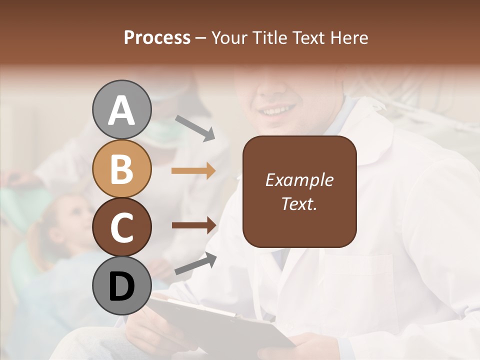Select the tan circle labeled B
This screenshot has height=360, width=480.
(121, 168)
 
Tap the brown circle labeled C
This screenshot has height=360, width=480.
(121, 227)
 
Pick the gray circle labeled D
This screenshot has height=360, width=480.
(121, 286)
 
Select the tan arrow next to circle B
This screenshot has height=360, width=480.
(193, 170)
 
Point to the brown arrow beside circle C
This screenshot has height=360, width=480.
(193, 225)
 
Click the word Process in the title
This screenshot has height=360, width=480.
(157, 37)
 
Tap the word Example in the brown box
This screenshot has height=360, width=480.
(299, 180)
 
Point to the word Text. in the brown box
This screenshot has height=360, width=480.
(299, 203)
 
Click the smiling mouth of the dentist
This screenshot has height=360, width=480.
(277, 109)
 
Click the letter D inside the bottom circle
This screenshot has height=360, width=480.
(121, 287)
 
